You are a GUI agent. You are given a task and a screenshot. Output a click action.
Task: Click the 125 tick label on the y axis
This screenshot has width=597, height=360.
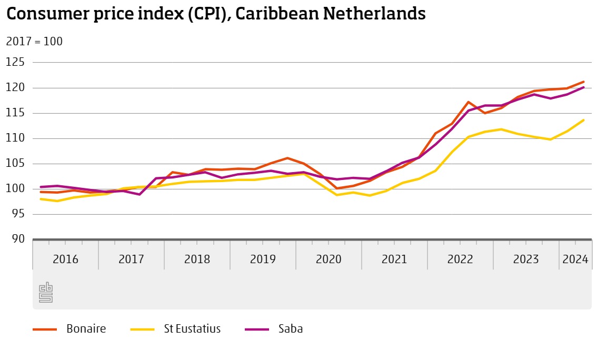[15, 63]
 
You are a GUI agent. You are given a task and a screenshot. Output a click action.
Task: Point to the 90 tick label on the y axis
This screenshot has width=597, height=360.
[15, 239]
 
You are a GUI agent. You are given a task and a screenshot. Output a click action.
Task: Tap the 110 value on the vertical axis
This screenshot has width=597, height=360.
[15, 138]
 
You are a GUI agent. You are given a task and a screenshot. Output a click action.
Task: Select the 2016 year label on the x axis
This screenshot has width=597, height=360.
[65, 259]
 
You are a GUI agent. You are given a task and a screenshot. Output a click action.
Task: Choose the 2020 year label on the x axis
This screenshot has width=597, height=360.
[329, 259]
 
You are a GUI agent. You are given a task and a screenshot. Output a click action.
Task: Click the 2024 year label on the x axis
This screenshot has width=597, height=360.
[575, 259]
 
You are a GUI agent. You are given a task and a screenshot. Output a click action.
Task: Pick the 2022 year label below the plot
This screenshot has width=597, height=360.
[460, 259]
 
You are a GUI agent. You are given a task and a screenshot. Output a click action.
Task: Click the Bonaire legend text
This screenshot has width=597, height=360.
[86, 329]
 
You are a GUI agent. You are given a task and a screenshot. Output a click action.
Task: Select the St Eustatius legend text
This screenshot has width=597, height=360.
[188, 329]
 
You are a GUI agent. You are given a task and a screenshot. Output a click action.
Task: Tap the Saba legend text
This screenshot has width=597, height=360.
[291, 329]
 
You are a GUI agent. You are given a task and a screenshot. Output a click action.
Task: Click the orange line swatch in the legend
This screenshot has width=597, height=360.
[45, 329]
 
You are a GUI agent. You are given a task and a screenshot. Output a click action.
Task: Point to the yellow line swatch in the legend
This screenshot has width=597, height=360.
[142, 329]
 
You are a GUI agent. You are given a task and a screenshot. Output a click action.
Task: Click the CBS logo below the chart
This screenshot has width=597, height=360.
[46, 293]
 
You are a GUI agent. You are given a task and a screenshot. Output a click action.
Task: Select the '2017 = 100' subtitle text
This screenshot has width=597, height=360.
[34, 42]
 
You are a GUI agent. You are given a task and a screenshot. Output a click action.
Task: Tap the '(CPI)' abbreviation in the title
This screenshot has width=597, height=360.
[207, 14]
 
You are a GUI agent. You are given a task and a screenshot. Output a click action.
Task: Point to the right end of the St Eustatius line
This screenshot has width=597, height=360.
[583, 120]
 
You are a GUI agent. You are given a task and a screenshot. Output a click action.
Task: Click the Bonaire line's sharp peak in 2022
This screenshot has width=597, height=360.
[468, 102]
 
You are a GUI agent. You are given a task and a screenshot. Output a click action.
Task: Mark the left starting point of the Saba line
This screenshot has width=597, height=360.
[41, 187]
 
